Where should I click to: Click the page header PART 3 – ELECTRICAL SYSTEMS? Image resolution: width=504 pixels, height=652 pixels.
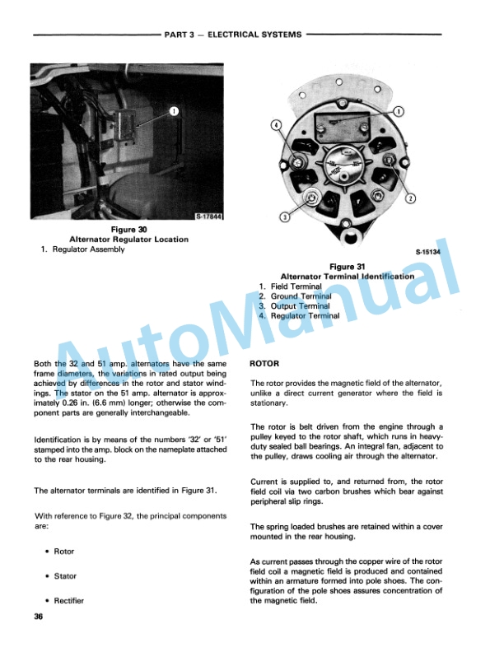(x=233, y=35)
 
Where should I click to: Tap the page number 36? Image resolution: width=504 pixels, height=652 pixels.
(x=39, y=619)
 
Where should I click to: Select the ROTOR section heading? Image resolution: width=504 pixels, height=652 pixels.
(x=264, y=363)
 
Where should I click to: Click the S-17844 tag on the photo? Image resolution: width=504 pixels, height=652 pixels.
(x=212, y=216)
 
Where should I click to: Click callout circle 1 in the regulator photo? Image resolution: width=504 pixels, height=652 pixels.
(x=175, y=110)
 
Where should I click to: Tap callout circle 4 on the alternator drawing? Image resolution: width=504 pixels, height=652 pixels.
(x=277, y=125)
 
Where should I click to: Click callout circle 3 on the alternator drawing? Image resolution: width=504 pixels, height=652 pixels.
(x=284, y=217)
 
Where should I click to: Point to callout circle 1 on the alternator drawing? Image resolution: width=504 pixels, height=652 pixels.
(x=399, y=110)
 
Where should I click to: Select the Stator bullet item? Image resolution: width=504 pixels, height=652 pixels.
(x=65, y=576)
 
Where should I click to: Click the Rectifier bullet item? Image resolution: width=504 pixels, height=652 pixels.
(x=68, y=601)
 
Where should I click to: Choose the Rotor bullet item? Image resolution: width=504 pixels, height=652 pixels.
(x=63, y=552)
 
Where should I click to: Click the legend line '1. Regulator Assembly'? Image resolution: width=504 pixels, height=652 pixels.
(x=82, y=249)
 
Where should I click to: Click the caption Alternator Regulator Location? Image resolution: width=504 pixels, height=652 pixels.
(x=128, y=240)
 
